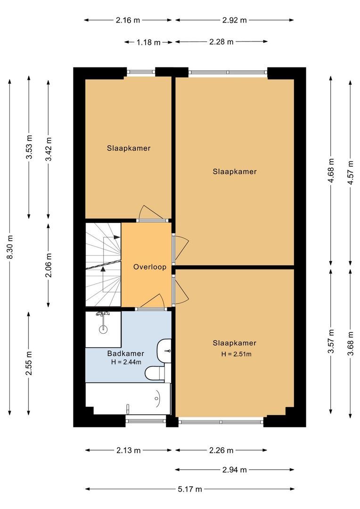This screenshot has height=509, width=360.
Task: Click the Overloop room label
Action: coord(149,267)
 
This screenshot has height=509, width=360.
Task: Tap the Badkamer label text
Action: coord(125,353)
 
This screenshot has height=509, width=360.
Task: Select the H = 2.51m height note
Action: coord(236,354)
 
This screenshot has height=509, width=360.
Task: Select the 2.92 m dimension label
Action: coord(234,20)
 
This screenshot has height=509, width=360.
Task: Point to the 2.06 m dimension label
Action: coord(49,265)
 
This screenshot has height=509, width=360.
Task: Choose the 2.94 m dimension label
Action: coord(234,470)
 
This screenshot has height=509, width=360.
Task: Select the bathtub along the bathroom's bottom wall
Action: coord(127,398)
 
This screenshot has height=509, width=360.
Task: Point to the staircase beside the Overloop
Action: coord(103,265)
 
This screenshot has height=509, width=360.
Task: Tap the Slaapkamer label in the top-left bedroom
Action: coord(129,148)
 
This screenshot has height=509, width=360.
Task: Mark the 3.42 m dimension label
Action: coord(49,149)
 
